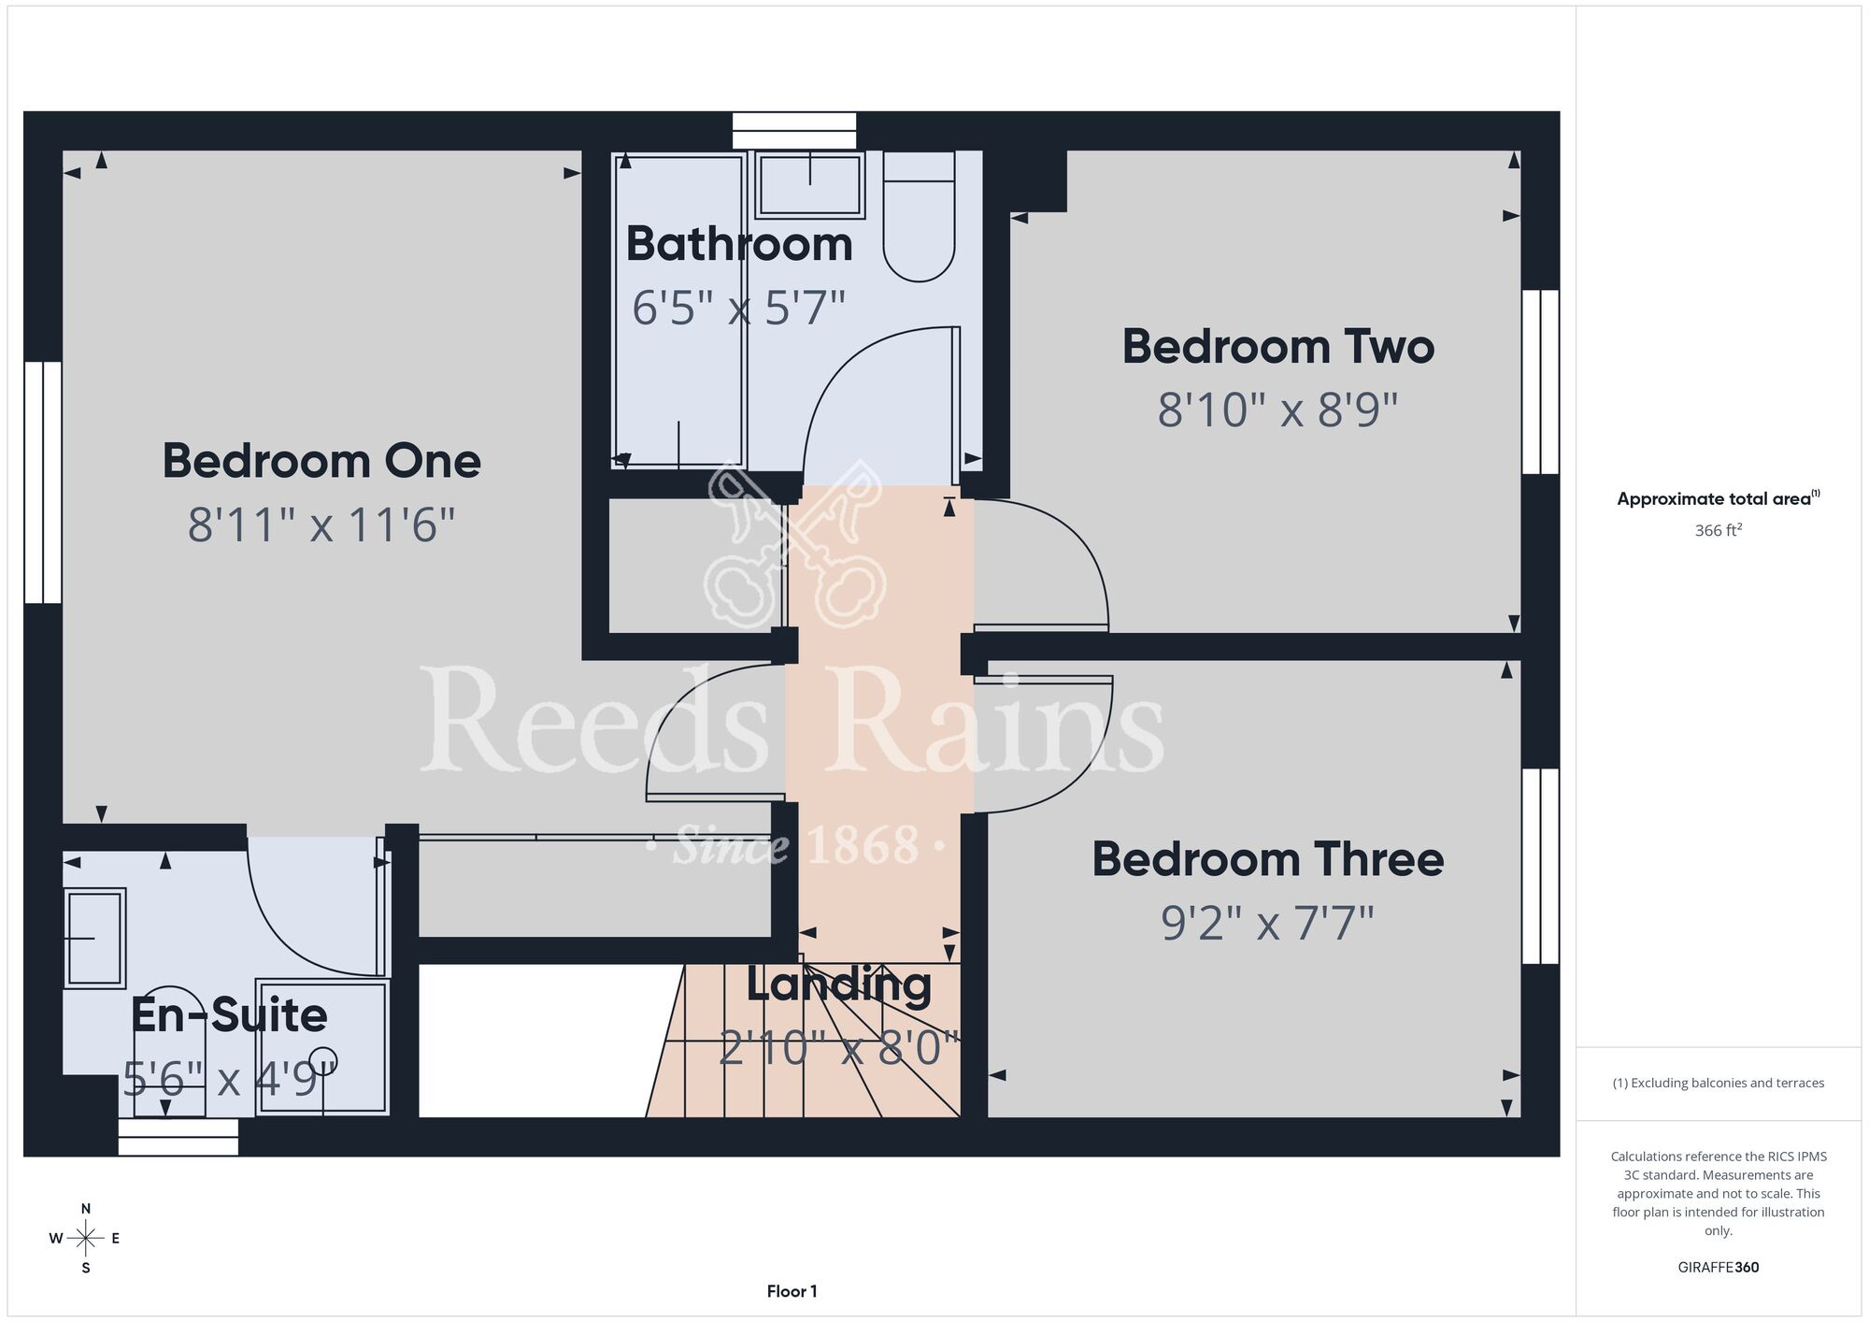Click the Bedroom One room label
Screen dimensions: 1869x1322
tap(321, 461)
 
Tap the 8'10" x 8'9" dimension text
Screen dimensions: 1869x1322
tap(1277, 410)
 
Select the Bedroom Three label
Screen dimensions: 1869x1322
tap(1268, 859)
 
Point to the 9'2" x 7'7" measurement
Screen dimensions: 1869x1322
tap(1268, 923)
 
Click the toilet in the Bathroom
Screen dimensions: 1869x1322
tap(920, 217)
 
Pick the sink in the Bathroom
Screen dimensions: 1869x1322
tap(810, 185)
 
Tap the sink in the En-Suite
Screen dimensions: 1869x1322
tap(94, 938)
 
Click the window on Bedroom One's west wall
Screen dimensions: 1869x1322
tap(43, 482)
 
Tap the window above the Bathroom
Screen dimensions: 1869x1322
tap(794, 131)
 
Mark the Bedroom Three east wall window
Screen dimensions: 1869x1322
tap(1541, 866)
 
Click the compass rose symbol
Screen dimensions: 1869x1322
tap(86, 1239)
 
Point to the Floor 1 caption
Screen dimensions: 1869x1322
tap(792, 1291)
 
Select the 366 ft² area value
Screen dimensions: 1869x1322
tap(1719, 530)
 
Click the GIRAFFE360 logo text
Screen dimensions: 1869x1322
tap(1719, 1268)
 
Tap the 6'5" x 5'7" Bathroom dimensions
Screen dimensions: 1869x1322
tap(738, 308)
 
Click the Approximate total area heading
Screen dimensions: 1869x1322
tap(1719, 498)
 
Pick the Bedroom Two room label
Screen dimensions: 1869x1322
tap(1278, 347)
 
